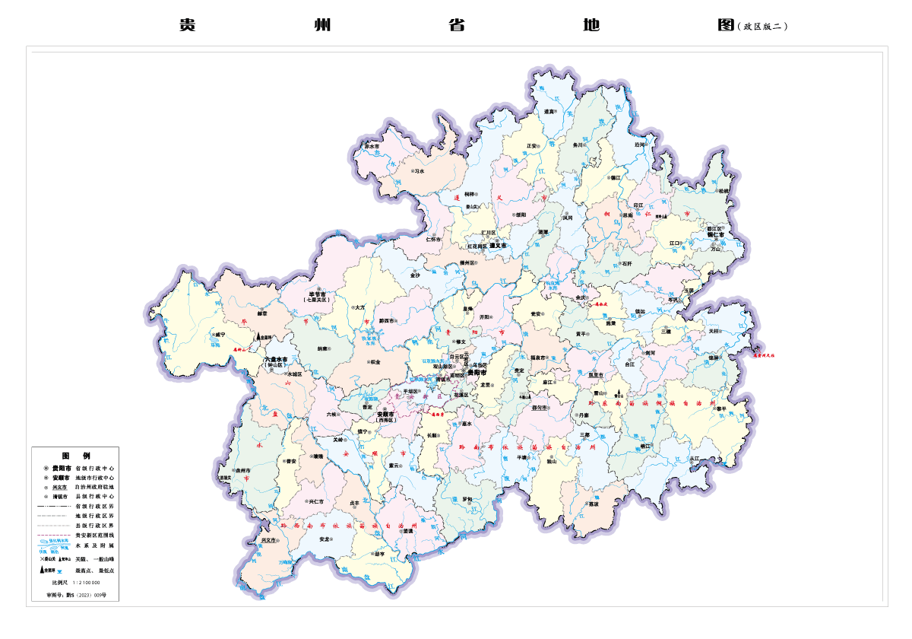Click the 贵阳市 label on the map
(477, 373)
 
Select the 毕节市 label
(317, 294)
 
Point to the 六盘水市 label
(276, 358)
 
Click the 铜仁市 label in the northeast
(717, 235)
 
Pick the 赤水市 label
(372, 146)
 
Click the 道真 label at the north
(549, 112)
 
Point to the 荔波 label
(594, 504)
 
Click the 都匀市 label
(540, 408)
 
